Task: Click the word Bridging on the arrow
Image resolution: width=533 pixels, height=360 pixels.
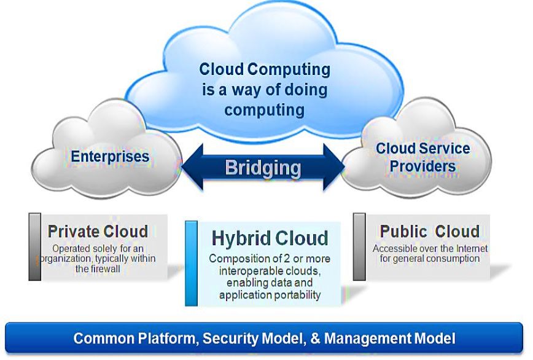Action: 263,168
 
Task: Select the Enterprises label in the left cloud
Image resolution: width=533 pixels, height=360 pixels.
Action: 110,156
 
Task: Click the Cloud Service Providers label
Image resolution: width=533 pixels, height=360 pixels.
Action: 422,157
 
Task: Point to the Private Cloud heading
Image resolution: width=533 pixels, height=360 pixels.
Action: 98,232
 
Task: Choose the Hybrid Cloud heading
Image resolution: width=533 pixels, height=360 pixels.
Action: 270,238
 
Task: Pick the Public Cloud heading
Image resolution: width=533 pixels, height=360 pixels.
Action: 429,232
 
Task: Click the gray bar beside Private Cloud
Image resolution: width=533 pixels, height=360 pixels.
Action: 36,246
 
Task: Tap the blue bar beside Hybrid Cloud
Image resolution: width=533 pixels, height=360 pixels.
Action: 191,263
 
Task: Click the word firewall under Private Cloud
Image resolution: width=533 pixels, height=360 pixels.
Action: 106,268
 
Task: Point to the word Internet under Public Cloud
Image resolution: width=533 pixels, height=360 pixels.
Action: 467,249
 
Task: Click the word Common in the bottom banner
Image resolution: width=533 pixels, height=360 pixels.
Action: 101,338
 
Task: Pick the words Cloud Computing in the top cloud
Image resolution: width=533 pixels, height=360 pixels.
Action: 265,69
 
